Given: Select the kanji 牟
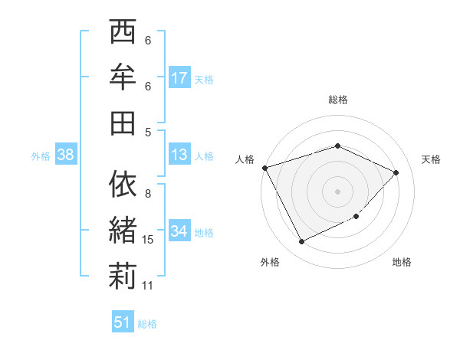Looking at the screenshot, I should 123,77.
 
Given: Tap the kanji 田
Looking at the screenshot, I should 123,121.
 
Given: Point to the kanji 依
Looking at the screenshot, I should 123,184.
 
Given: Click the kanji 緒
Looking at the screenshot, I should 123,230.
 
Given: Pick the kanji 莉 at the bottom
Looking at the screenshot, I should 123,276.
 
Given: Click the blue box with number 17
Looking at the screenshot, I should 179,78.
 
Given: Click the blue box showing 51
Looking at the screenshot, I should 123,322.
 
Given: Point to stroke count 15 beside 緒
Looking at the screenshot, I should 148,240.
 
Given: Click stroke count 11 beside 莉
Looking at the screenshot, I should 148,286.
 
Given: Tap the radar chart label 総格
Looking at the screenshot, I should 338,100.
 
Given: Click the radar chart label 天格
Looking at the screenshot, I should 431,159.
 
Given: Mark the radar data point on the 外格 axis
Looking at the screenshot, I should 301,242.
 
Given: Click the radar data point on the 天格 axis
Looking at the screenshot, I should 396,172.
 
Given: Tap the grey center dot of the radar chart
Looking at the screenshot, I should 338,191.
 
